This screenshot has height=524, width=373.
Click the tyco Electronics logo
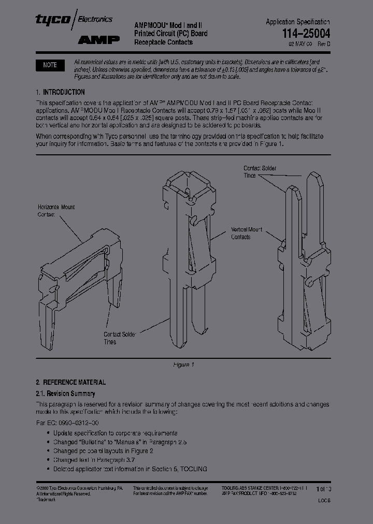coord(74,19)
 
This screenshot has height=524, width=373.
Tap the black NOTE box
coord(50,65)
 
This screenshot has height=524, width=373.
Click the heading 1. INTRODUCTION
coord(60,92)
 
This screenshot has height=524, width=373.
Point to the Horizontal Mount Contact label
coord(56,211)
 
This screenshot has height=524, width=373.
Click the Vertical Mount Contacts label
coord(247,233)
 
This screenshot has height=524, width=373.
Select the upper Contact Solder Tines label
coord(259,172)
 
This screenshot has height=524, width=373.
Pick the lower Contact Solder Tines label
coord(120,338)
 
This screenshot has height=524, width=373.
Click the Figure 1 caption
coord(183,365)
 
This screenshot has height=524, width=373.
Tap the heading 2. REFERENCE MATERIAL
coord(71,382)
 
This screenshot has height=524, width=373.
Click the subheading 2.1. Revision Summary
coord(65,394)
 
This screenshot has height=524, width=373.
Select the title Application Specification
coord(297,22)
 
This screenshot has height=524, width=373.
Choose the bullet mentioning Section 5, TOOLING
coord(130,469)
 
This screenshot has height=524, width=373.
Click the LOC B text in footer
coord(323,501)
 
